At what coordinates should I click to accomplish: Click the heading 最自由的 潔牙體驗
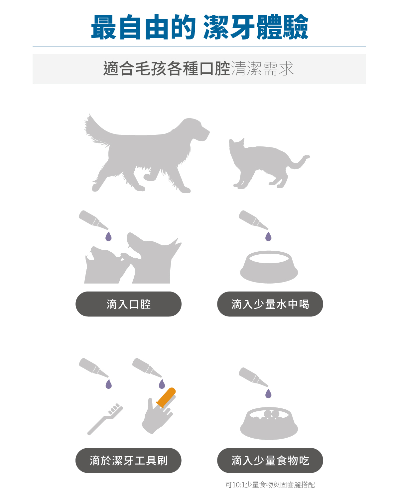pos(199,27)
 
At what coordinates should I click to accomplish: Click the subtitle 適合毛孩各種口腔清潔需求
pos(199,69)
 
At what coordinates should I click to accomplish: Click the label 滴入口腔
pos(128,304)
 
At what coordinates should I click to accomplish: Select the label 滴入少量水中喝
pos(270,304)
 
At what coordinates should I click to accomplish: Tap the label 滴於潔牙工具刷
pos(128,461)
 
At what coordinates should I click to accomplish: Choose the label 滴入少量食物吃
pos(270,461)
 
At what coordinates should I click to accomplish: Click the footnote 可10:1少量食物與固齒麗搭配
pos(270,485)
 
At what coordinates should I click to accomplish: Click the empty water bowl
pos(269,267)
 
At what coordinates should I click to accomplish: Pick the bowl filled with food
pos(269,424)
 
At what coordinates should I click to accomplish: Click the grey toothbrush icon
pos(105,419)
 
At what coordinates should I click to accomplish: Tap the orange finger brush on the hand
pos(166,397)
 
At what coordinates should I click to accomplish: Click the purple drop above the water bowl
pos(268,237)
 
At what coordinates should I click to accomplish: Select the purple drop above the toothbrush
pos(108,384)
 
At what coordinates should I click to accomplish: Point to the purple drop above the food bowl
pos(268,394)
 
